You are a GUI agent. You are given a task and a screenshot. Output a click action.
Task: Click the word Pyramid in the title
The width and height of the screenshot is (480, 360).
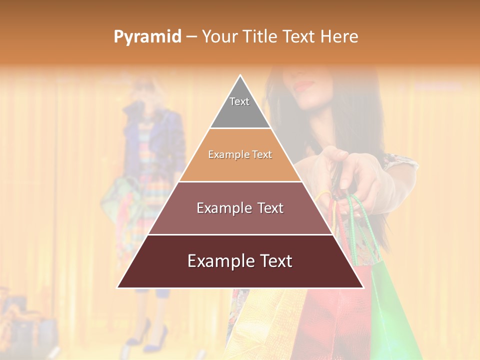pyautogui.click(x=147, y=37)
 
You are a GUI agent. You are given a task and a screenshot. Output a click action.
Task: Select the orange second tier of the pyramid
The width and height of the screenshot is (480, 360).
pyautogui.click(x=240, y=167)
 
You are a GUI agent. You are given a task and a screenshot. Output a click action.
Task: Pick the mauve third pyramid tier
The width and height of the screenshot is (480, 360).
pyautogui.click(x=240, y=220)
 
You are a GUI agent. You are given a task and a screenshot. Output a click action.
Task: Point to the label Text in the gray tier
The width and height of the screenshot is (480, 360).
pyautogui.click(x=239, y=101)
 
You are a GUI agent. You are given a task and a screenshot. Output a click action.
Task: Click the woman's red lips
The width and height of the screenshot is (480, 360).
pyautogui.click(x=303, y=85)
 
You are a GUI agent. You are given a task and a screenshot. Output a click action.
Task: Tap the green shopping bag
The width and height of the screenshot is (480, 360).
pyautogui.click(x=395, y=305)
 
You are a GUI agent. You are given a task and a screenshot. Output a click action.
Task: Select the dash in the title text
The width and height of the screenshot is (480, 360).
pyautogui.click(x=191, y=37)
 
